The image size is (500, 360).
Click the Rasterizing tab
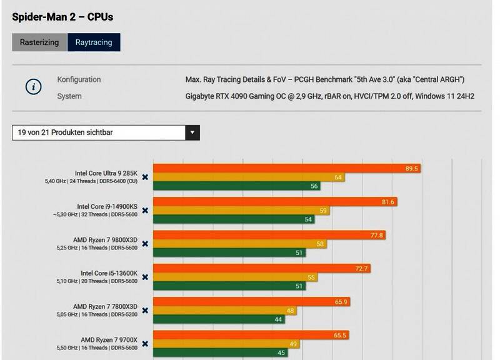pos(39,42)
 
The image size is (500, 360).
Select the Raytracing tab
pos(94,42)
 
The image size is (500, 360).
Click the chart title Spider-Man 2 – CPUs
pos(62,17)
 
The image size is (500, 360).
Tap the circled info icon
pos(33,86)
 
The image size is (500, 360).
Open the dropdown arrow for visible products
pos(192,132)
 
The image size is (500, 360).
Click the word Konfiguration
pos(79,80)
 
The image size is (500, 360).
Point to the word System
pos(69,96)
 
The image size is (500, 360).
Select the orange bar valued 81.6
pos(275,202)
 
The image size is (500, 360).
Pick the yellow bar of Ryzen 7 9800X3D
pos(240,244)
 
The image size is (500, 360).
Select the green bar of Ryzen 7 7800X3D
pos(219,319)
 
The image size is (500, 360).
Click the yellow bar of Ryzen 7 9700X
pos(226,344)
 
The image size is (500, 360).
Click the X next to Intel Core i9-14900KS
pos(145,211)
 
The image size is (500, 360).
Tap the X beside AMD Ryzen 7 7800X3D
pos(145,311)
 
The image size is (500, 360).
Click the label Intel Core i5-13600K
pos(109,273)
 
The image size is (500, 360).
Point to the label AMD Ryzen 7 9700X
pos(109,340)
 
